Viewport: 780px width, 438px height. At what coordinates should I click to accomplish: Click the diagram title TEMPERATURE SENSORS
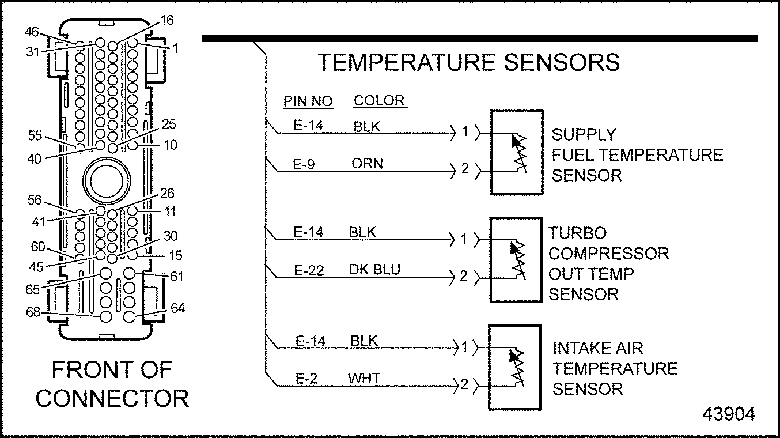pyautogui.click(x=469, y=62)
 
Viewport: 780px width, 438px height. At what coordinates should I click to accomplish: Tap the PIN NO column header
pyautogui.click(x=308, y=102)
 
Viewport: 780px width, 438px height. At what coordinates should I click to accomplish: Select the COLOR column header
pyautogui.click(x=379, y=101)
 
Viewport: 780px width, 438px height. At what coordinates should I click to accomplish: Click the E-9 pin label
pyautogui.click(x=305, y=164)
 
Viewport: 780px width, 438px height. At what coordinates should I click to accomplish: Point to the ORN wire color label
pyautogui.click(x=367, y=164)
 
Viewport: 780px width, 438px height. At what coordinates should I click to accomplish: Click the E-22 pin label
pyautogui.click(x=309, y=270)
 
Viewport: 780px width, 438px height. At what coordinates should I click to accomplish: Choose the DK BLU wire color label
pyautogui.click(x=374, y=270)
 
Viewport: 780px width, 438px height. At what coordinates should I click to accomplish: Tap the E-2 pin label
pyautogui.click(x=306, y=379)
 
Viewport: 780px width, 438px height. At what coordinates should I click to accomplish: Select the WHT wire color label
pyautogui.click(x=364, y=379)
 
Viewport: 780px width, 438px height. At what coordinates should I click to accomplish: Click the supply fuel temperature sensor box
pyautogui.click(x=516, y=152)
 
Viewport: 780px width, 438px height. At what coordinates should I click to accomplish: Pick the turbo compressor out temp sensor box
pyautogui.click(x=516, y=259)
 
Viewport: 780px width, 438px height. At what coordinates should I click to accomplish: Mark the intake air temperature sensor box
pyautogui.click(x=514, y=367)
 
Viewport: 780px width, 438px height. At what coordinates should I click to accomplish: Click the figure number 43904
pyautogui.click(x=728, y=414)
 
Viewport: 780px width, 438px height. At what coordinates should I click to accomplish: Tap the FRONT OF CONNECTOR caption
pyautogui.click(x=112, y=384)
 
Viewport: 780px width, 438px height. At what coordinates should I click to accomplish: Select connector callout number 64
pyautogui.click(x=178, y=309)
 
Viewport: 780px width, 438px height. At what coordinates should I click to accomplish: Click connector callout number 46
pyautogui.click(x=33, y=31)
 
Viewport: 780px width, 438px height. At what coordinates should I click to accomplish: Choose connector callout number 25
pyautogui.click(x=169, y=124)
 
